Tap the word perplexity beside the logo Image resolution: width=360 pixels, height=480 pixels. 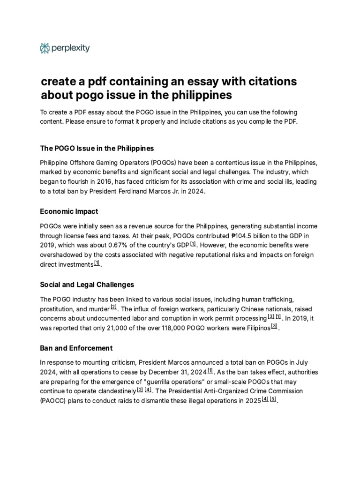[71, 47]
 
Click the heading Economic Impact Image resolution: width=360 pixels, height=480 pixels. [69, 211]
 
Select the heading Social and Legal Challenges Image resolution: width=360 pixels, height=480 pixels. [87, 285]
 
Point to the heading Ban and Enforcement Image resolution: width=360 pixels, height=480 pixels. [76, 348]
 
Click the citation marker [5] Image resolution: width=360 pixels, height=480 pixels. [273, 399]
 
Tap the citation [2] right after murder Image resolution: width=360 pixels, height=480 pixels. [113, 307]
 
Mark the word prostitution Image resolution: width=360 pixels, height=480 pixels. [59, 309]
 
